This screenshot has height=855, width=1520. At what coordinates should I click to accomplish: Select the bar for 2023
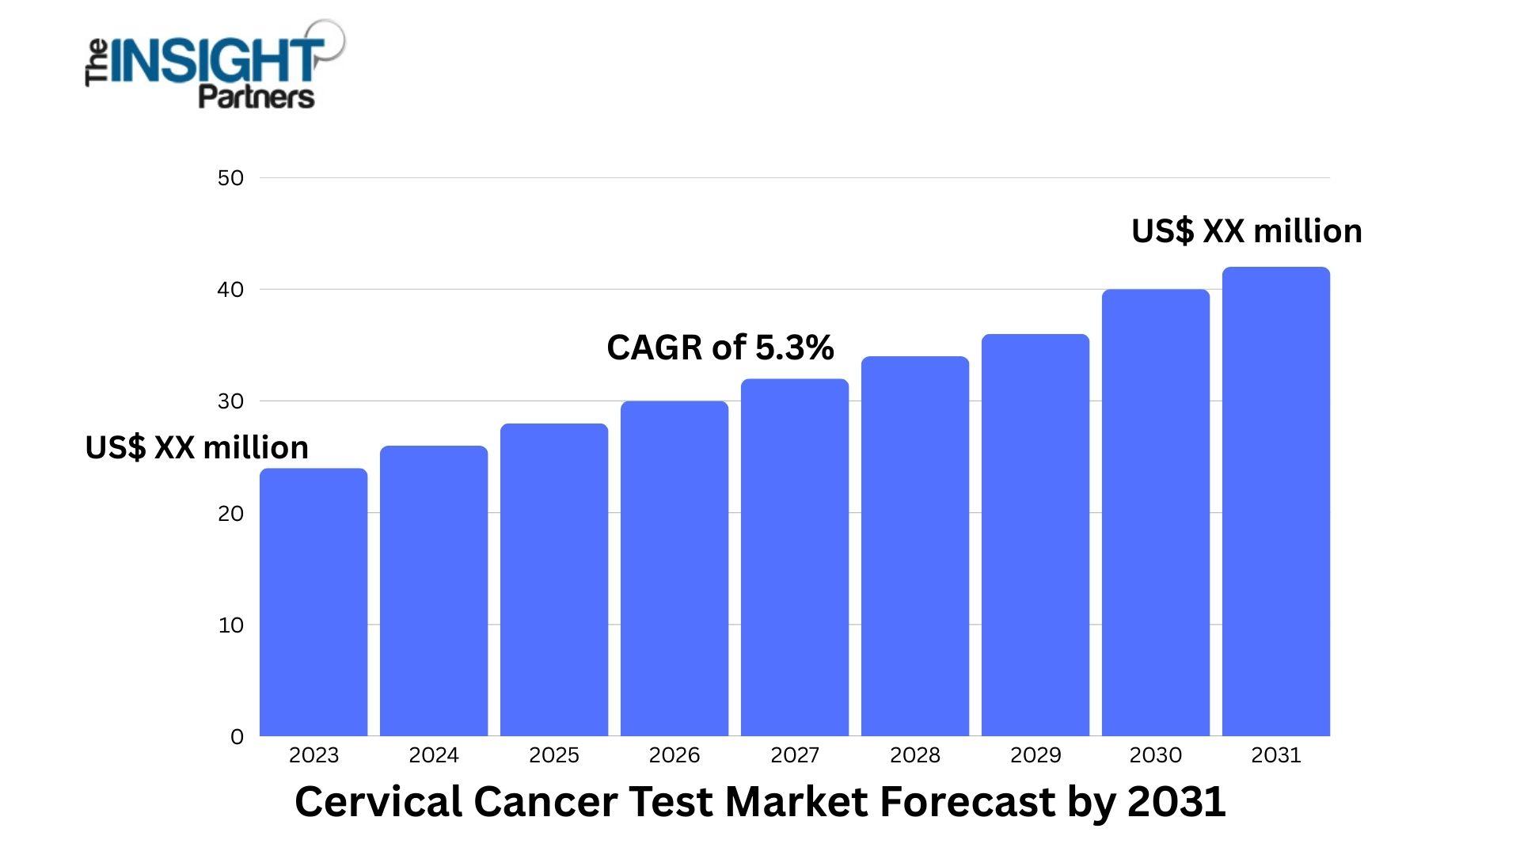[313, 602]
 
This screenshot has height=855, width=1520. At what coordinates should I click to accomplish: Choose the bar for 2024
[434, 591]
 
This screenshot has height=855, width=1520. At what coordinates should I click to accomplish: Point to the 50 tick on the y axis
[230, 178]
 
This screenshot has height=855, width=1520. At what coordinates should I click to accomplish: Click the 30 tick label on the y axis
[230, 401]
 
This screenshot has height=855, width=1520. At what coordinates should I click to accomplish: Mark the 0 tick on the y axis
[237, 737]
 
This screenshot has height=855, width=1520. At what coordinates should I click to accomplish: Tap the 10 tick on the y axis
[230, 625]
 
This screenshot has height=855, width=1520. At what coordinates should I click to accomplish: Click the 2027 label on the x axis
[795, 755]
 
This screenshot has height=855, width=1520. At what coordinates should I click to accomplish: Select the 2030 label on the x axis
[1156, 755]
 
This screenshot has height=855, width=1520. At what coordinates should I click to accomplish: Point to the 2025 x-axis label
[554, 755]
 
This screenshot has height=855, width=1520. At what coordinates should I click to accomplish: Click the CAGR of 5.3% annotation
[720, 348]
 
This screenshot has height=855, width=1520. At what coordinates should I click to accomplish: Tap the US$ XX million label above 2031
[1246, 231]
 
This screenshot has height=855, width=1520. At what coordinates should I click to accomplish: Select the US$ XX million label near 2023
[196, 448]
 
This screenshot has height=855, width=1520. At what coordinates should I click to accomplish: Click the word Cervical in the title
[377, 802]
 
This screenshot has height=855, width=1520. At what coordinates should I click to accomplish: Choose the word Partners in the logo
[256, 97]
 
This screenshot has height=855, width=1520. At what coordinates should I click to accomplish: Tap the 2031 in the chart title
[1176, 802]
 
